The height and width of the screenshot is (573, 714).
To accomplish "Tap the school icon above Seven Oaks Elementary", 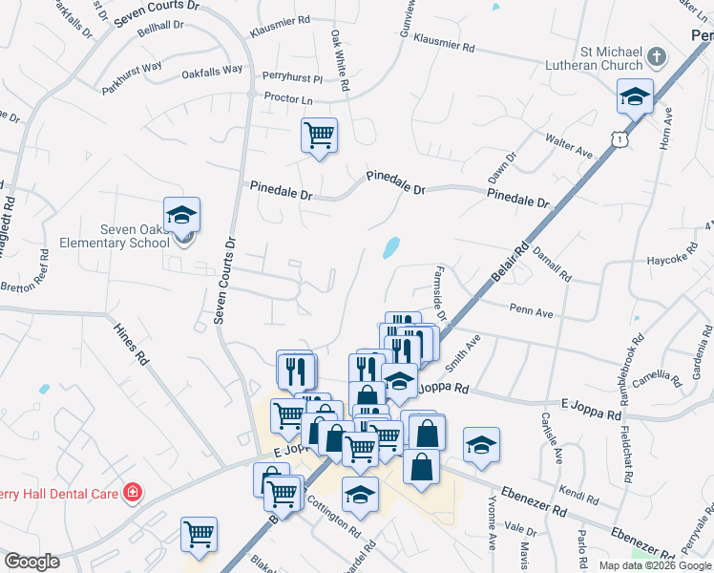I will pos(181,216).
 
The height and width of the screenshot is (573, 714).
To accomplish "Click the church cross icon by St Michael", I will pos(656,57).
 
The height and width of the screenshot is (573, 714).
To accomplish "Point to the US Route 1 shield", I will pos(621,139).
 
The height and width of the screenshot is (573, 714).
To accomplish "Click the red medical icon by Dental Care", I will pos(133,494).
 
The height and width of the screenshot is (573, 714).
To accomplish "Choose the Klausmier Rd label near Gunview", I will pos(442,46).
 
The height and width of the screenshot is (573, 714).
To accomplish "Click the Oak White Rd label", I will pos(340,60).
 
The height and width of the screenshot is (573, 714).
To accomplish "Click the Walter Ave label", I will pos(569,146).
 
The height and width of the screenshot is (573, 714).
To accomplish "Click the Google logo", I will pos(31,562).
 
